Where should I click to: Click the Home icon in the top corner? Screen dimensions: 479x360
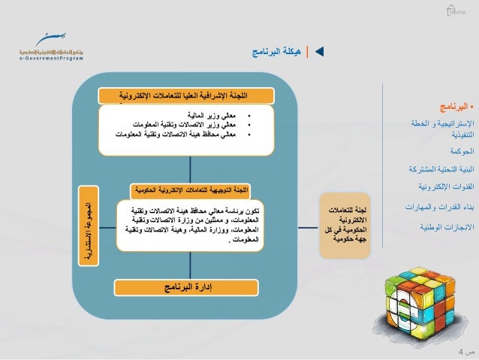[454, 11]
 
